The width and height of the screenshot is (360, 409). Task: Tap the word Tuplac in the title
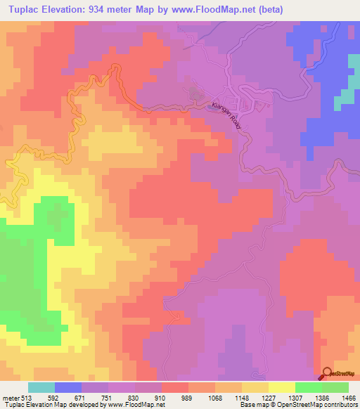22,9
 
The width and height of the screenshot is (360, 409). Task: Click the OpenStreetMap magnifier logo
327,373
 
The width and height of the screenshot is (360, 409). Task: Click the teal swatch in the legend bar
41,387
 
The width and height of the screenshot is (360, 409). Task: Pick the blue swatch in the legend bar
68,387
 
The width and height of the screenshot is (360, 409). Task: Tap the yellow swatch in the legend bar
281,387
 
